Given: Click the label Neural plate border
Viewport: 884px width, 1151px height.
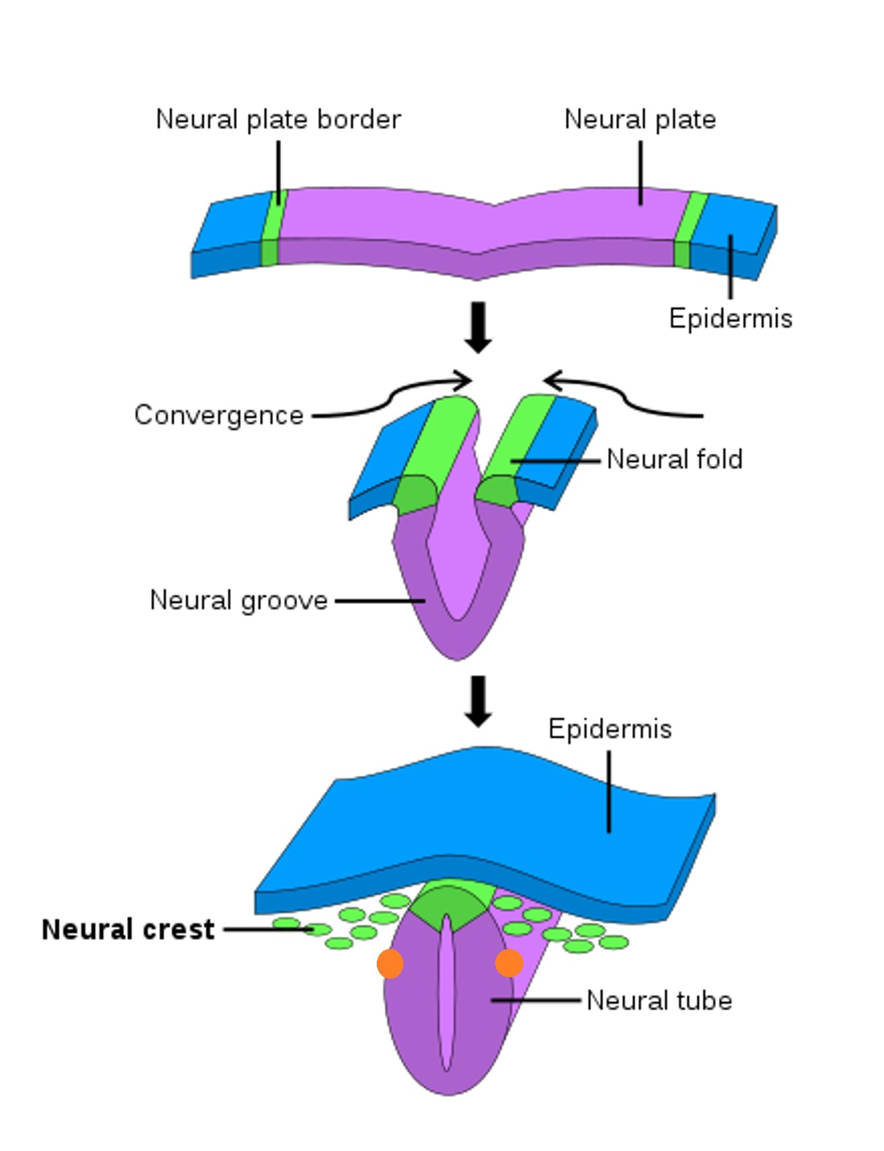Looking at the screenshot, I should [x=278, y=119].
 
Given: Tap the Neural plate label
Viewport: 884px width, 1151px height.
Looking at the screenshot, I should [x=640, y=119].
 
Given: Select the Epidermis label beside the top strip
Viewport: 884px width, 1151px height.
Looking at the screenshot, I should [x=730, y=318].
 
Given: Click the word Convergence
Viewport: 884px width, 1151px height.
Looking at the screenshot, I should [x=219, y=415].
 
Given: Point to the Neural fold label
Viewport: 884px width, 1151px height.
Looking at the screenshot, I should [x=675, y=460].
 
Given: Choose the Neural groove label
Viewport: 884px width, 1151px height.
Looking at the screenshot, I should [x=239, y=600].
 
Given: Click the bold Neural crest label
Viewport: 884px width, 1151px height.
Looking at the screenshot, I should [x=128, y=930].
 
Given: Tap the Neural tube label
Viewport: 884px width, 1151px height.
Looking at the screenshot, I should [x=659, y=1000].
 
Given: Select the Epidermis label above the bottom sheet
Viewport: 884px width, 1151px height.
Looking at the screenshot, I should [x=609, y=729].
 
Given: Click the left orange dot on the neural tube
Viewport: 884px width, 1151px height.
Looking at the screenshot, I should [x=390, y=963].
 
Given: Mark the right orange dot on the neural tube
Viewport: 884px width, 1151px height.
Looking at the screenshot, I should [x=509, y=963].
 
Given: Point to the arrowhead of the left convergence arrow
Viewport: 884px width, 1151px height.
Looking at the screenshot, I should [x=464, y=380].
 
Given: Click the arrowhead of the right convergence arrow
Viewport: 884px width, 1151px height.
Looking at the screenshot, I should [x=551, y=380].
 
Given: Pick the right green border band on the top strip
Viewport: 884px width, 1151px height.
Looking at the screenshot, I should [x=687, y=229].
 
